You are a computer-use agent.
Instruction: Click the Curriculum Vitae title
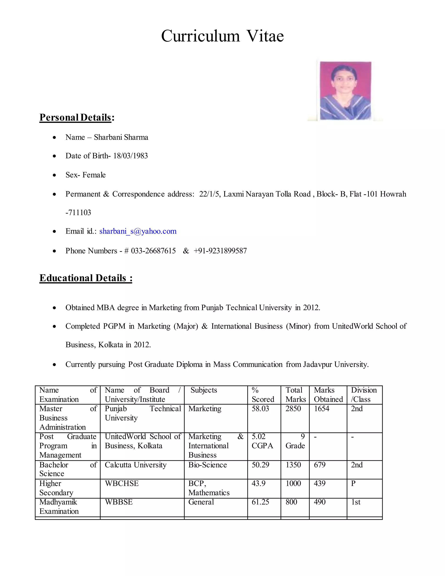click(x=222, y=36)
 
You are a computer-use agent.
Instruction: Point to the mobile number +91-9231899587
click(x=220, y=251)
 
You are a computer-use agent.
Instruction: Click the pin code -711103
click(x=78, y=213)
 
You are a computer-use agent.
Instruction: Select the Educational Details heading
click(x=86, y=278)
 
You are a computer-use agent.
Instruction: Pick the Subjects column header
click(x=204, y=390)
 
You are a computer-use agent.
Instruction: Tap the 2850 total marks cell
click(x=293, y=409)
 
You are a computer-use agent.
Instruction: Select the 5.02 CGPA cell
click(x=262, y=441)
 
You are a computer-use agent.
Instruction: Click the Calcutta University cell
click(x=136, y=465)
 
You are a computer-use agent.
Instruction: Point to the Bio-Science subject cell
click(x=208, y=465)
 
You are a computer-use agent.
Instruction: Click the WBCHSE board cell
click(x=121, y=483)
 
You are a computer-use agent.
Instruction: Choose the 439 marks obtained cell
click(x=319, y=483)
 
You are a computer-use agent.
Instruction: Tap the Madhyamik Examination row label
click(x=59, y=506)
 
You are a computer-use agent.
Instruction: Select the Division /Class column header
click(x=364, y=395)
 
